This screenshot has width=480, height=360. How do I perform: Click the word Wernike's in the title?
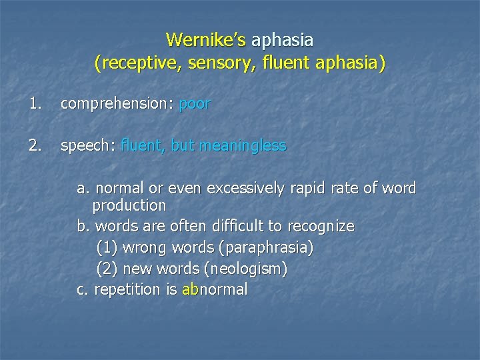click(206, 40)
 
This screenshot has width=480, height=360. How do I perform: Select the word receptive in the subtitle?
click(134, 64)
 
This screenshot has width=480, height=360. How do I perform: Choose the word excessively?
click(248, 189)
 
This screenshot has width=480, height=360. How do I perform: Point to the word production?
click(129, 205)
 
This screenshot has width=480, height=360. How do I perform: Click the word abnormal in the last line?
click(214, 289)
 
